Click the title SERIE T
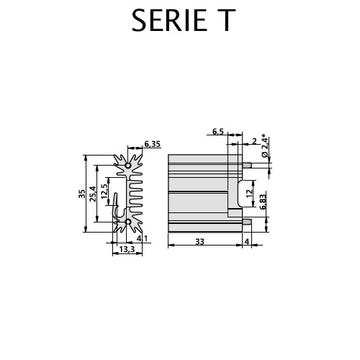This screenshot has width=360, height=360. [184, 20]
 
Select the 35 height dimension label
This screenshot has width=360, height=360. [82, 194]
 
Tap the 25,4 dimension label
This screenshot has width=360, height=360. [93, 194]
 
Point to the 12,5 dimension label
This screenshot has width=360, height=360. [104, 191]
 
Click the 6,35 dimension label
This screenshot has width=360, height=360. [152, 144]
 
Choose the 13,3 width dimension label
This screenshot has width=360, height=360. [127, 249]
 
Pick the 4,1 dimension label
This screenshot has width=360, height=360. [143, 238]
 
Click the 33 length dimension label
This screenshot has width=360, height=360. [199, 241]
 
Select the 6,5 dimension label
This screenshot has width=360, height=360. [218, 131]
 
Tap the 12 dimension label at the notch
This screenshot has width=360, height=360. [250, 193]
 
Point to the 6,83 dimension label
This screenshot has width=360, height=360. [263, 202]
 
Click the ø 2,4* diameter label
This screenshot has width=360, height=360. [265, 147]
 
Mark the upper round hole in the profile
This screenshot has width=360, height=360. [128, 166]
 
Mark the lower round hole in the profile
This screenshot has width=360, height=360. [128, 222]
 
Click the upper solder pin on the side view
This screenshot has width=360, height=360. [247, 166]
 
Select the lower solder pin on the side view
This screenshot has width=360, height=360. [247, 222]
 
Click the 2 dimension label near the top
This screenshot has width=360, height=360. [254, 141]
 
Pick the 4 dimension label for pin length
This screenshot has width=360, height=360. [247, 241]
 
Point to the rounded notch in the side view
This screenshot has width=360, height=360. [239, 193]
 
